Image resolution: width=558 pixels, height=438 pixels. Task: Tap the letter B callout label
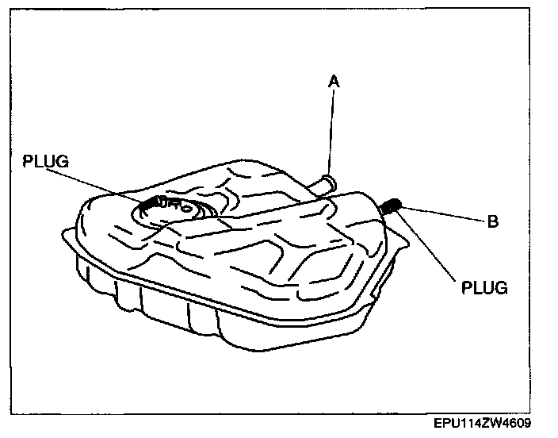pos(492,222)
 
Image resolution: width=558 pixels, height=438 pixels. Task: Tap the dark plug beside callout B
pos(391,207)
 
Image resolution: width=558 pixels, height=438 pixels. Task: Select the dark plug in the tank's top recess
pos(150,206)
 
